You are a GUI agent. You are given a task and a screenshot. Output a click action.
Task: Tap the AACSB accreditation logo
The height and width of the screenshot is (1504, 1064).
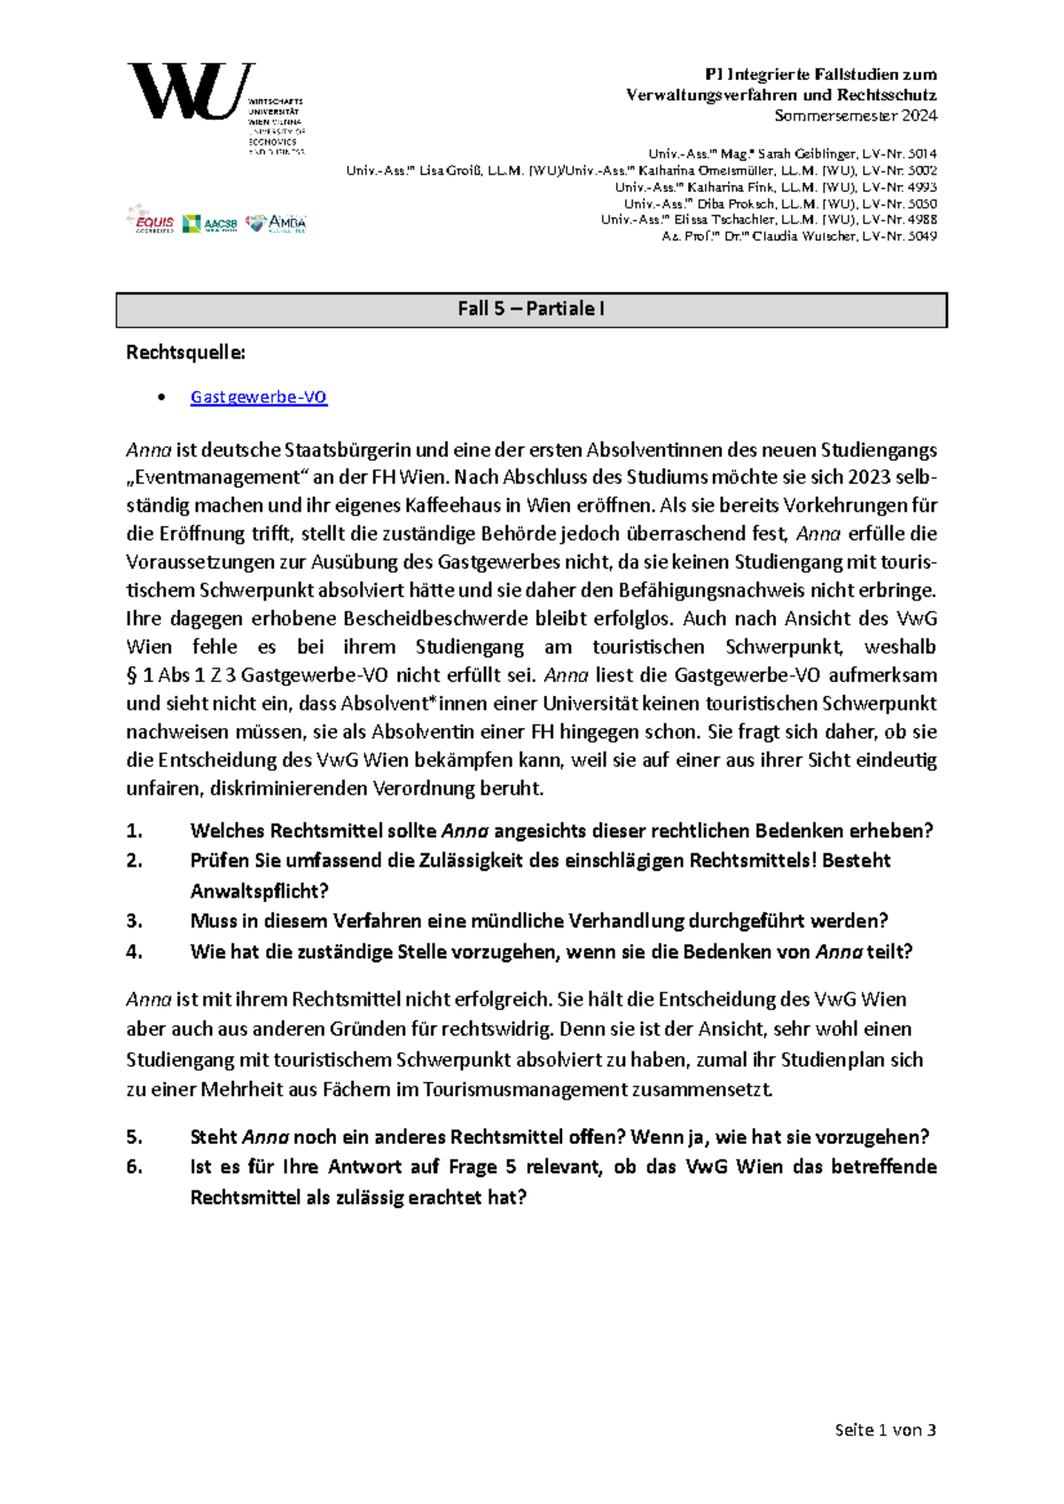pos(210,224)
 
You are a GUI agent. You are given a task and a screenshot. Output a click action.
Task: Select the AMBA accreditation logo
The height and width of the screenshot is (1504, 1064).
pos(277,223)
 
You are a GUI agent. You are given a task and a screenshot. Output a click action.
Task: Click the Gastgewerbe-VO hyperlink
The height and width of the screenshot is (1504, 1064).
pos(259,397)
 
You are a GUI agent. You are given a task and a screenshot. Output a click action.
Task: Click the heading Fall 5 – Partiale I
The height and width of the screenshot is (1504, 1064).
pos(531,309)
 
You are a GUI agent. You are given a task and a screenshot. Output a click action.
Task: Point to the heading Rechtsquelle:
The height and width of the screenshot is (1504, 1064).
pos(185,353)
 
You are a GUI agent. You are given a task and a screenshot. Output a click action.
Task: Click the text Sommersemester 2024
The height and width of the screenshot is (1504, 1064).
pos(855,115)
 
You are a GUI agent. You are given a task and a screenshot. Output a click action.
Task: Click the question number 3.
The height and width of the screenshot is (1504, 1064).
pos(134,921)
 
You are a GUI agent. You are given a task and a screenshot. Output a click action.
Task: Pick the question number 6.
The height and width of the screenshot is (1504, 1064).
pos(134,1167)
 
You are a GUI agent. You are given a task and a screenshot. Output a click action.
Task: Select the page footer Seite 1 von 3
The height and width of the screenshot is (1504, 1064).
pos(885,1430)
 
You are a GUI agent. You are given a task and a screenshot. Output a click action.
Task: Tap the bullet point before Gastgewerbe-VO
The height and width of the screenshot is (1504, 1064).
pos(160,397)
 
